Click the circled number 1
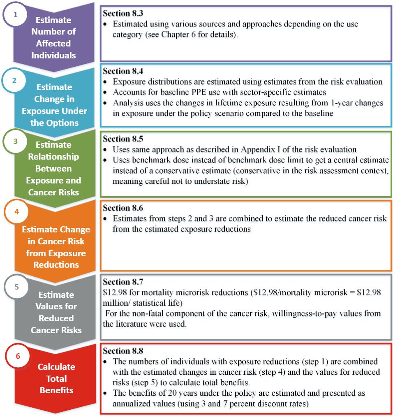point(16,15)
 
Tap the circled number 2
point(14,81)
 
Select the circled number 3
point(16,141)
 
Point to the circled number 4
point(16,212)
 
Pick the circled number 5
point(16,287)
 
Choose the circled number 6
point(18,356)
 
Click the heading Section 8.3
point(123,14)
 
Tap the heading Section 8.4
point(123,72)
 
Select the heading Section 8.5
point(123,139)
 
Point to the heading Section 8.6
point(123,209)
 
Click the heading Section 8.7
point(123,282)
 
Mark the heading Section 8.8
point(123,351)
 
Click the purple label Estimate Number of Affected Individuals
point(53,37)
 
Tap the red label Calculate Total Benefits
point(56,378)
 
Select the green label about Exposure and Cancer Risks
point(53,168)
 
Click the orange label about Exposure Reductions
point(56,247)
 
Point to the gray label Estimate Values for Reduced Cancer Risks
point(56,312)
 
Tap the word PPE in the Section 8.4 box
point(201,93)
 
